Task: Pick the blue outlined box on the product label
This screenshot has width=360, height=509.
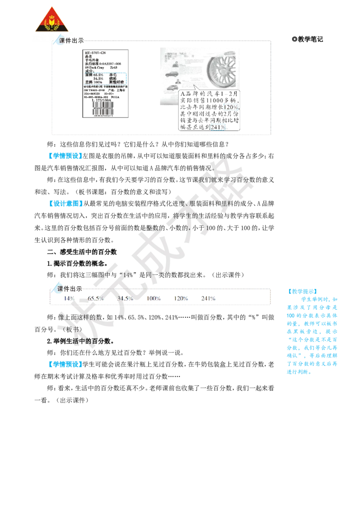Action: pyautogui.click(x=105, y=78)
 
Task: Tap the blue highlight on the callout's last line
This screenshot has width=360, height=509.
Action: pyautogui.click(x=218, y=127)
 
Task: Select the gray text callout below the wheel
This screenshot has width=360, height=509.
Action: pyautogui.click(x=209, y=111)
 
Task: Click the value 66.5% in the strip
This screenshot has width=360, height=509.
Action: pyautogui.click(x=95, y=299)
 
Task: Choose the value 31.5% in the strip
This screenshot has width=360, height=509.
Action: pyautogui.click(x=125, y=299)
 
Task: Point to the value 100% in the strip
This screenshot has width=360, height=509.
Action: pyautogui.click(x=154, y=299)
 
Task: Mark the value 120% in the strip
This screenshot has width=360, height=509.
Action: pyautogui.click(x=181, y=299)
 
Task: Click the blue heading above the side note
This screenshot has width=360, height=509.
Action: pyautogui.click(x=302, y=291)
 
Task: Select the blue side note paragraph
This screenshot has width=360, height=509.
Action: pyautogui.click(x=311, y=335)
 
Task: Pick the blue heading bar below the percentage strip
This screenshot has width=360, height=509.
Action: pyautogui.click(x=65, y=365)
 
